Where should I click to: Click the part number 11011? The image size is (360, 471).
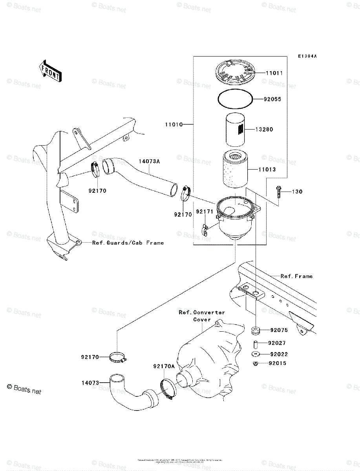tap(274, 73)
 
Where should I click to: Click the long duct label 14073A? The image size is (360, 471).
tap(150, 161)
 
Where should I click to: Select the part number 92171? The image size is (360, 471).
tap(204, 211)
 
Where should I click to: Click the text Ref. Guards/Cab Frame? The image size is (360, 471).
tap(128, 243)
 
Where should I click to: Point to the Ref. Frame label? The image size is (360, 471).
tap(296, 276)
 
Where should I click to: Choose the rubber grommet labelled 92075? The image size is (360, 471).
tap(256, 330)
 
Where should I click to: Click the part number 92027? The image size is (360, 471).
tap(277, 343)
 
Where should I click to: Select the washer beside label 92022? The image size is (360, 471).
tap(256, 354)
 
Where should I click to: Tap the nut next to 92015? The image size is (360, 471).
tap(256, 363)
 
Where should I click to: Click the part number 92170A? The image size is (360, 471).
tap(164, 367)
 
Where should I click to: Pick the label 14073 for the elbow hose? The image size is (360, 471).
tap(91, 382)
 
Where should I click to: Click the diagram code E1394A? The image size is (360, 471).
tap(307, 57)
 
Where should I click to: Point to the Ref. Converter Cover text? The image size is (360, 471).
tap(202, 316)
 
